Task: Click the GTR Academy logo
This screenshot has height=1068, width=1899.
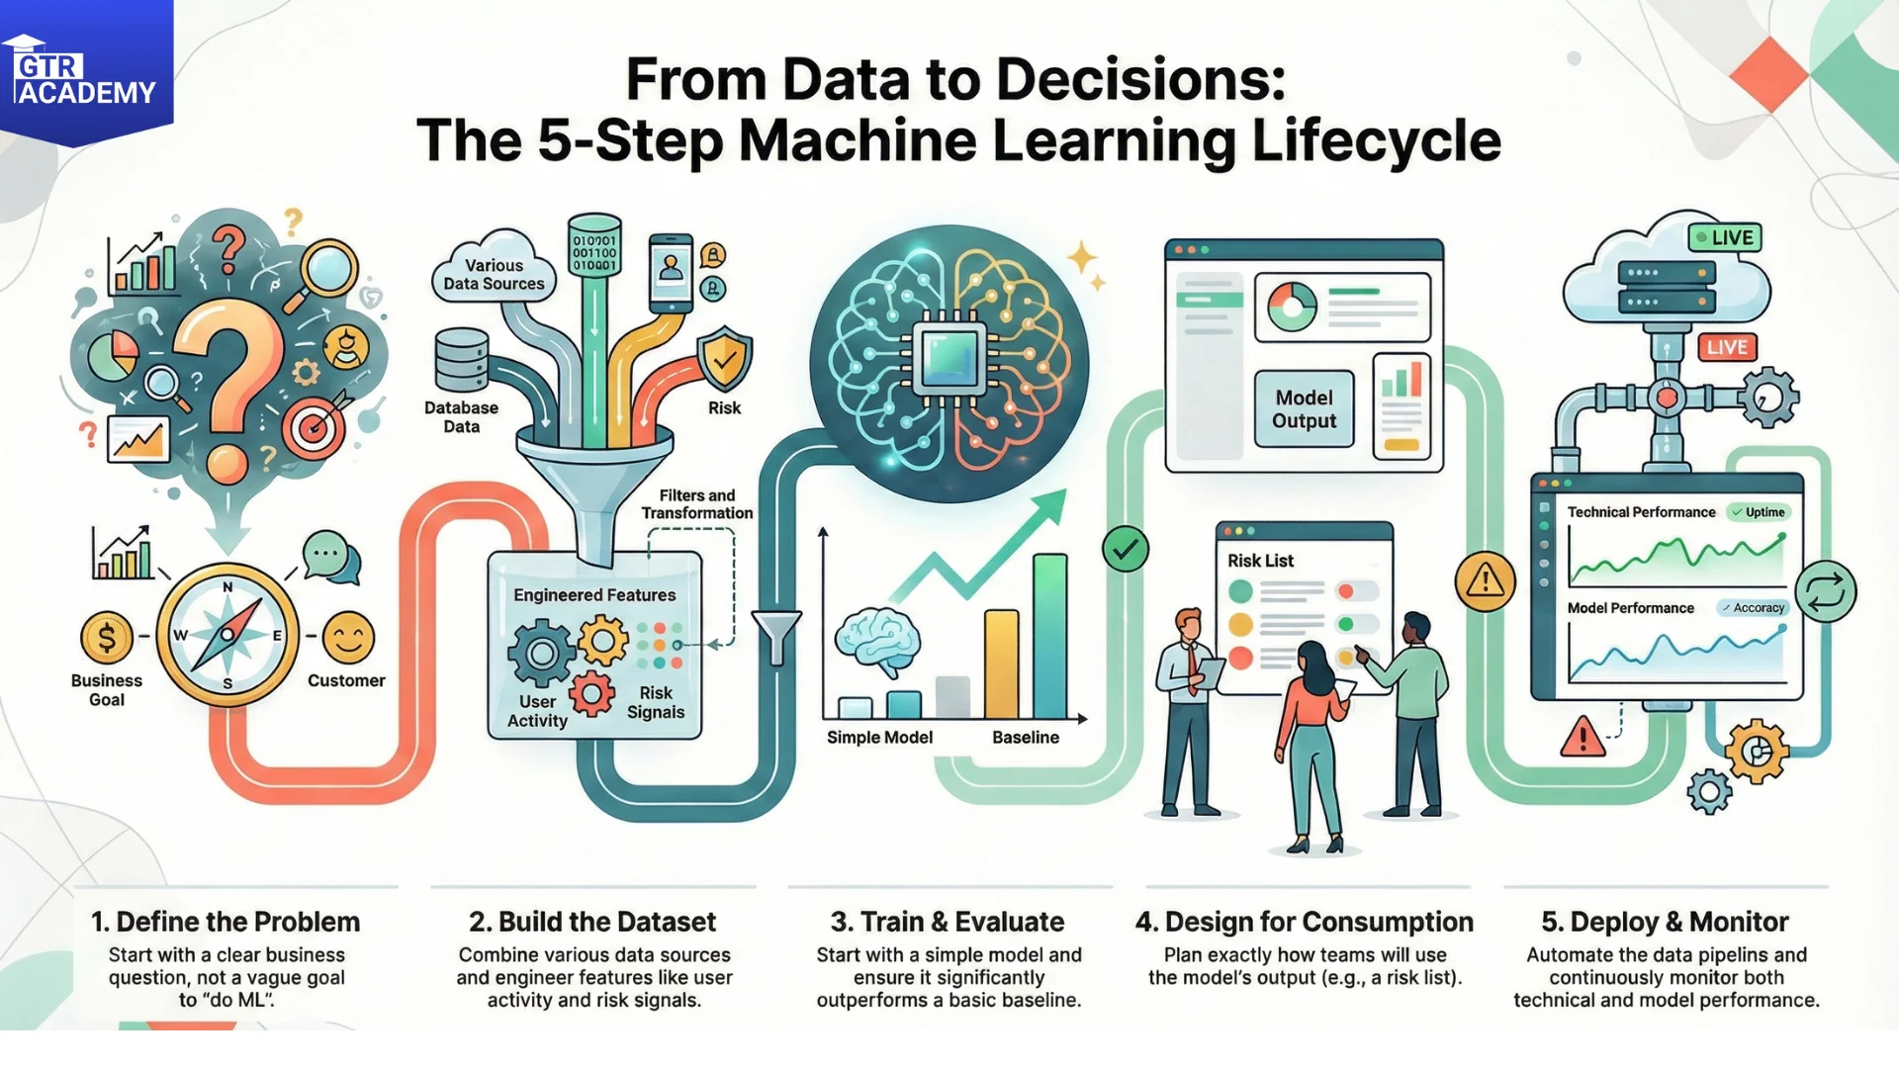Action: tap(86, 71)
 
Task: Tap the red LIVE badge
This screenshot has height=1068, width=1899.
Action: tap(1727, 347)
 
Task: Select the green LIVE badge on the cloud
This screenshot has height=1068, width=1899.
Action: tap(1725, 237)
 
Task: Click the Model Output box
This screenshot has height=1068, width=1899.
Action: tap(1304, 409)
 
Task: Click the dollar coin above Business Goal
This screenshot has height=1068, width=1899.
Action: tap(107, 638)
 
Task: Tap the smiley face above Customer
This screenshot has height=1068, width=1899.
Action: tap(348, 638)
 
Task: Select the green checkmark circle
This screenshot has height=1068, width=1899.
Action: tap(1126, 549)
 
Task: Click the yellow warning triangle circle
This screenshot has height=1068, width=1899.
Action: tap(1486, 580)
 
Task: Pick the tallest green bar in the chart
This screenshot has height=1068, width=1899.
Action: tap(1050, 636)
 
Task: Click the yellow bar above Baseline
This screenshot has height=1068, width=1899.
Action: tap(1001, 664)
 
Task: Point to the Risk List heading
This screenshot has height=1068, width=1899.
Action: tap(1260, 561)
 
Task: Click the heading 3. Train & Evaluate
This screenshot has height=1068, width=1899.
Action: tap(948, 922)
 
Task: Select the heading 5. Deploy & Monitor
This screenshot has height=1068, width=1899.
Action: tap(1666, 922)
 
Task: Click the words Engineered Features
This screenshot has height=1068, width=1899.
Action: tap(594, 595)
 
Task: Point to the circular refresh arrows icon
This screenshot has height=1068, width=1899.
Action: tap(1826, 591)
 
